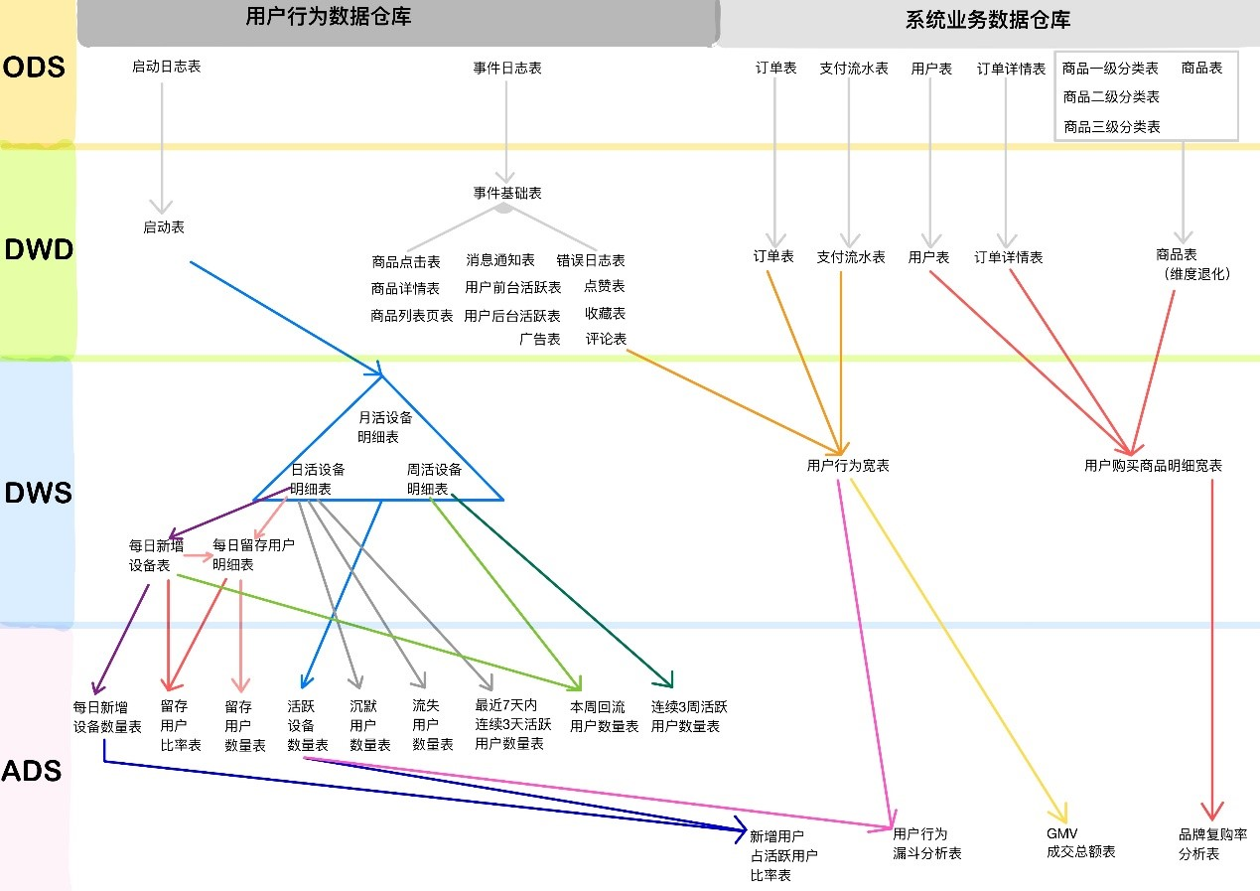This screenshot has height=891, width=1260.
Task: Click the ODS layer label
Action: point(35,68)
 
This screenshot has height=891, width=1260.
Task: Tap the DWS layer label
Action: point(39,493)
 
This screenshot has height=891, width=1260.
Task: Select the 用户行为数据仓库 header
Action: point(329,17)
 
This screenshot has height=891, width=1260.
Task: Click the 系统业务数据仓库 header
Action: point(988,20)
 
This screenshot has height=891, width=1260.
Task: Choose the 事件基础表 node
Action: point(507,193)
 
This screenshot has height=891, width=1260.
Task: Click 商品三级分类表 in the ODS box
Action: point(1111,127)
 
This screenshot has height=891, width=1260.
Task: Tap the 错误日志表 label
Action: point(591,260)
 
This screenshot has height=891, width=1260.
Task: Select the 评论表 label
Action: point(606,339)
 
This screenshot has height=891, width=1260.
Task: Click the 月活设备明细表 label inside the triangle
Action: point(384,427)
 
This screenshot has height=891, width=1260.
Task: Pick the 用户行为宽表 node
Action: point(848,465)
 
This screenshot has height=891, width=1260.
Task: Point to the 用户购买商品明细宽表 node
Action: point(1153,465)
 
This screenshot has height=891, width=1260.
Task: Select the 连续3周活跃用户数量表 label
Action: point(689,716)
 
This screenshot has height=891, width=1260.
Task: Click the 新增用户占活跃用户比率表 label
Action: point(784,855)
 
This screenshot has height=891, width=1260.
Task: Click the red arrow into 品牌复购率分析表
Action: point(1211,646)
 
